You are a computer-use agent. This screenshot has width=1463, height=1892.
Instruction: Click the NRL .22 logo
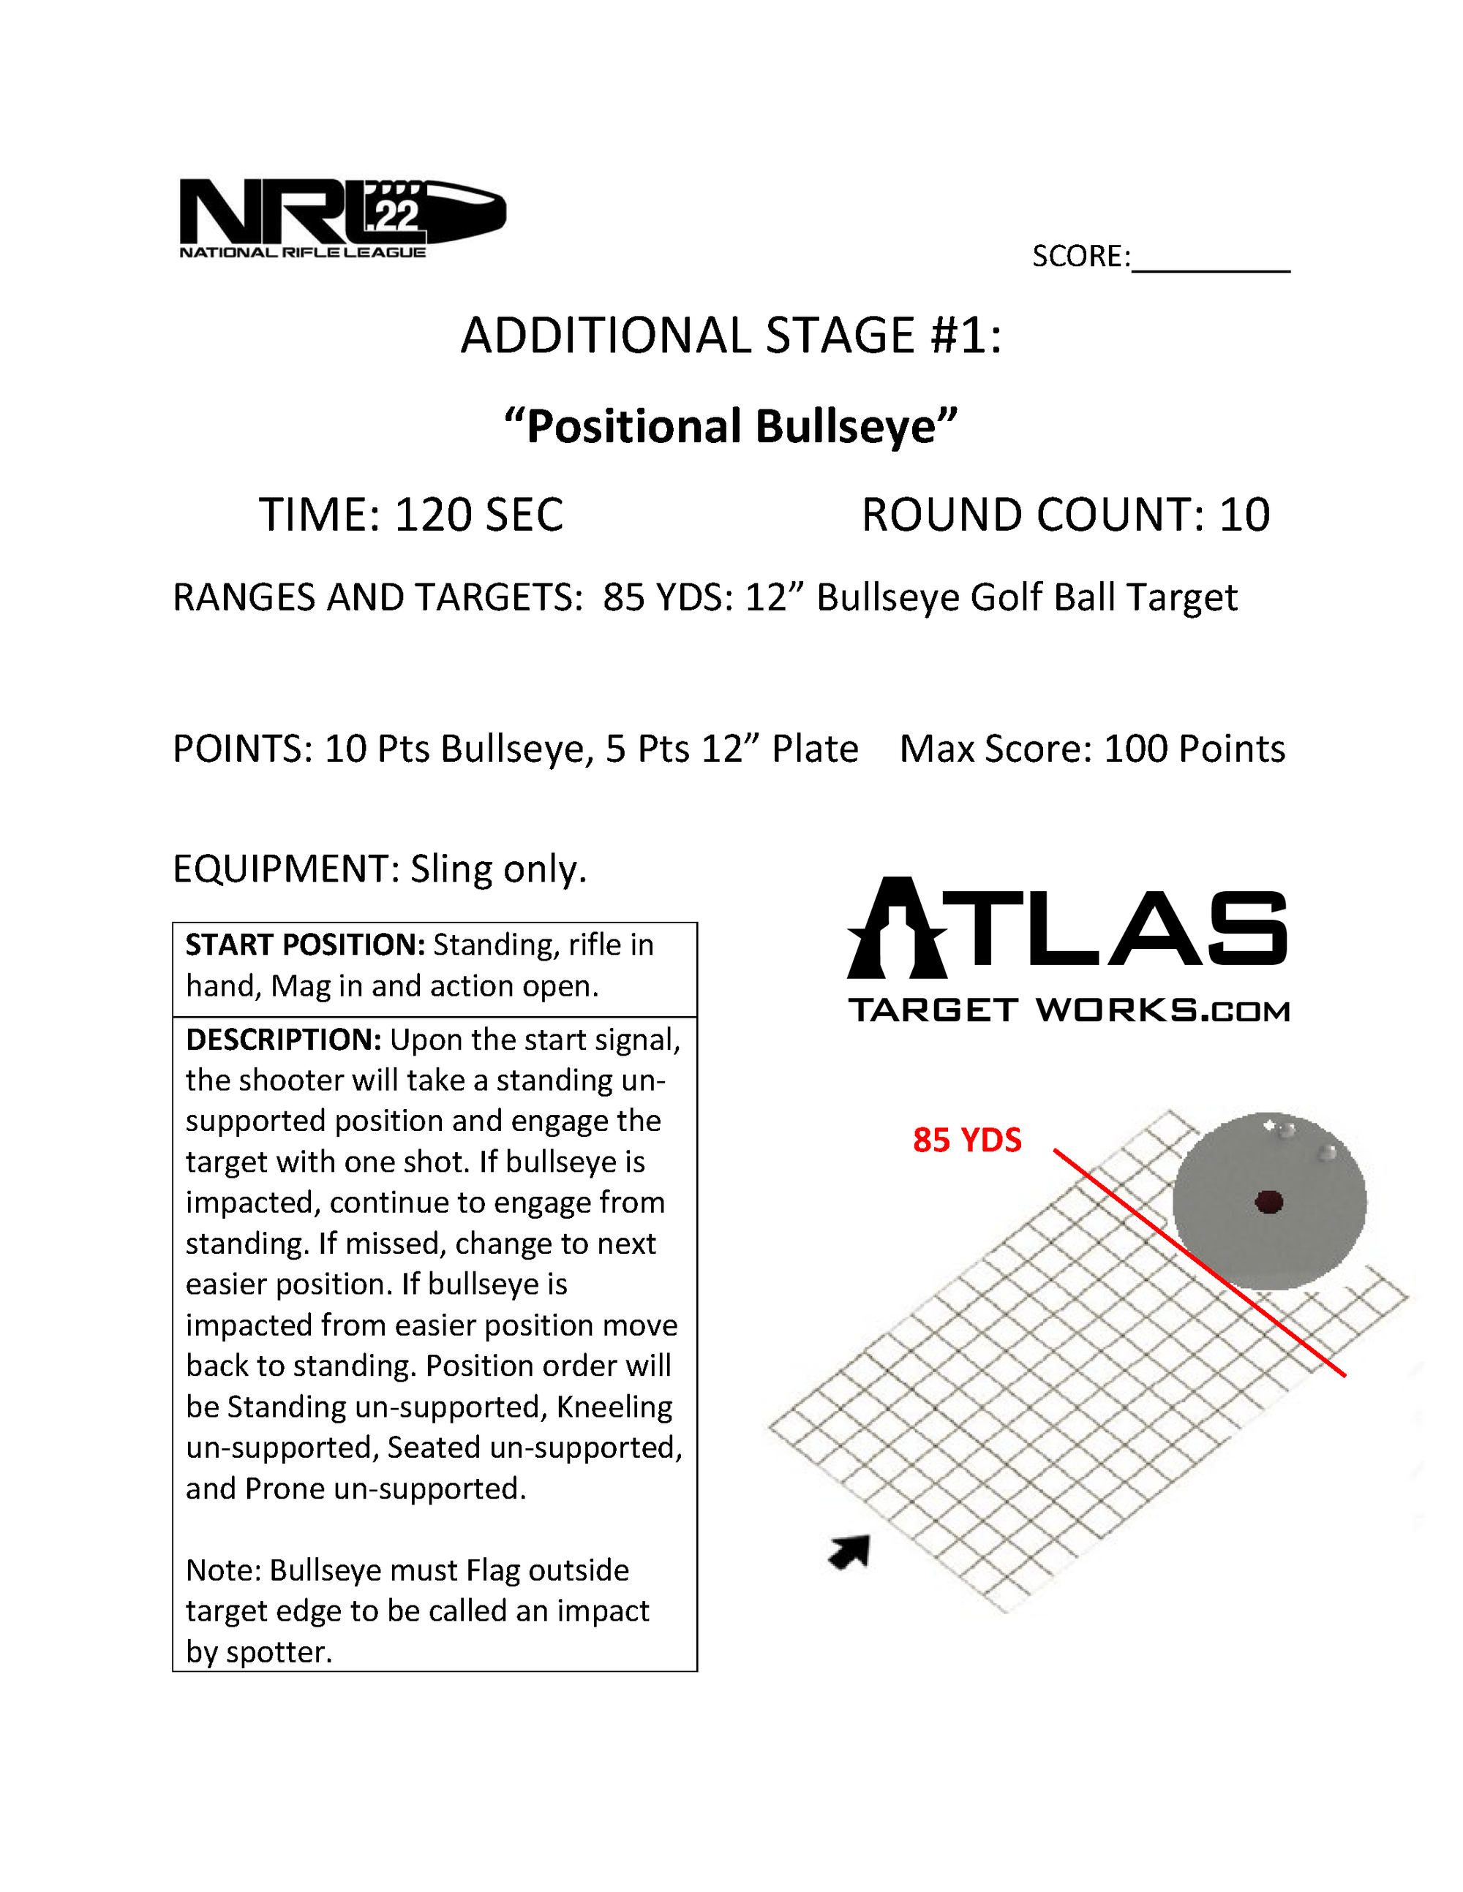(x=342, y=216)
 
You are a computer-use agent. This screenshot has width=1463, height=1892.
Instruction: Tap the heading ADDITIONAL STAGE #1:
(x=731, y=336)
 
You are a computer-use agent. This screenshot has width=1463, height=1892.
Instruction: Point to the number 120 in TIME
(x=433, y=515)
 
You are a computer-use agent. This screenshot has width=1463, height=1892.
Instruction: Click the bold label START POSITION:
(x=304, y=945)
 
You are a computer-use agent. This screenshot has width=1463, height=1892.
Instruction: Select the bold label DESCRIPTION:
(x=283, y=1040)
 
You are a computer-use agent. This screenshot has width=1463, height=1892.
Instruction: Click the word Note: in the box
(x=223, y=1570)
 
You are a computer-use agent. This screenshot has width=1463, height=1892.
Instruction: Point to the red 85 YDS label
(x=966, y=1140)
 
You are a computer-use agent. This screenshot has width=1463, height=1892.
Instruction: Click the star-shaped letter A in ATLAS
(x=897, y=928)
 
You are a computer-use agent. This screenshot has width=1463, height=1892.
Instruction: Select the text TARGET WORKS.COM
(x=1069, y=1010)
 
